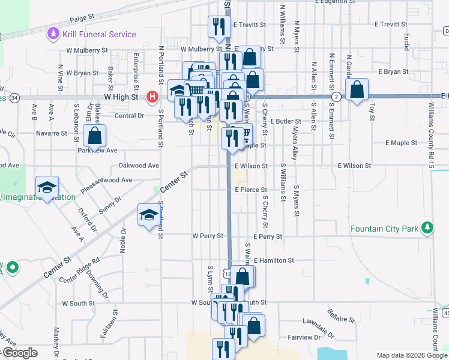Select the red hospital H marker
coord(153,96)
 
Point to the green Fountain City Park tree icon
coord(427,228)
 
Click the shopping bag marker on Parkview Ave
coord(95,136)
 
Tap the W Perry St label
coord(207,236)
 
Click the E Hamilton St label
coord(274,261)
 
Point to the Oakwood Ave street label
coord(139,166)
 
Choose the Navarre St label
coord(51,133)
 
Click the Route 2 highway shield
coord(337,96)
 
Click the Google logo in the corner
coord(20,353)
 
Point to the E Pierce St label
coord(250,190)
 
